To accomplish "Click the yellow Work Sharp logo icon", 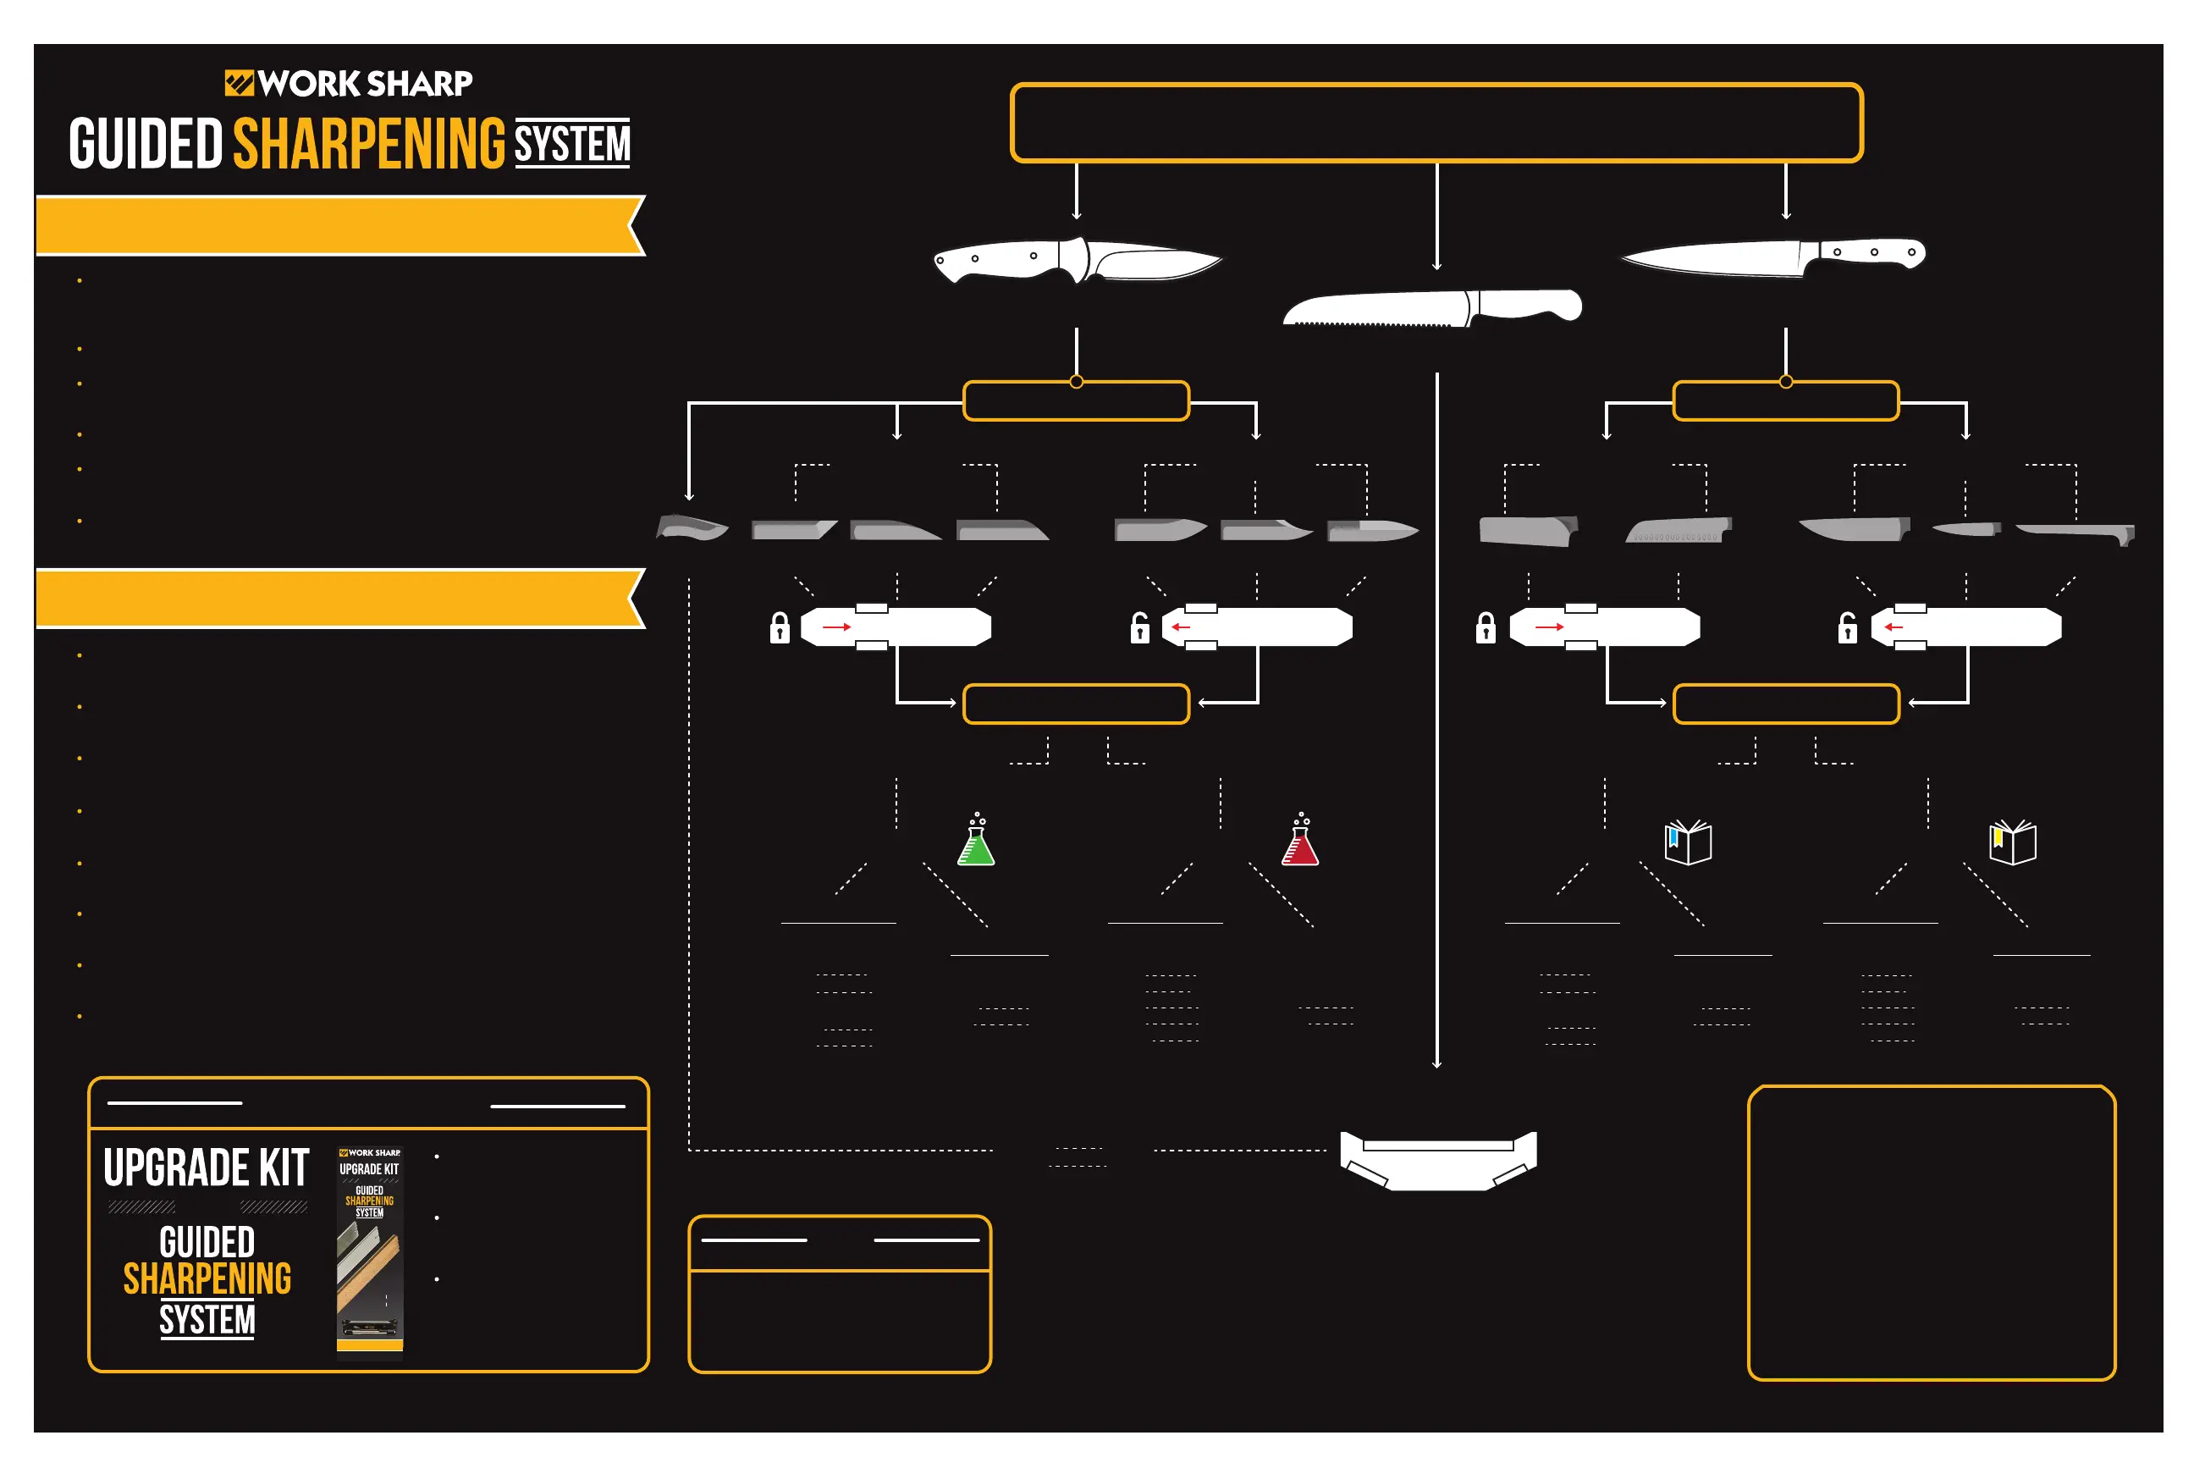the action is pyautogui.click(x=239, y=83).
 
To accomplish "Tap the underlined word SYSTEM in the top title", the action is pyautogui.click(x=572, y=145).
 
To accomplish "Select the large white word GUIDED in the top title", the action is pyautogui.click(x=146, y=145).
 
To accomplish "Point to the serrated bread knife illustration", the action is pyautogui.click(x=1431, y=308).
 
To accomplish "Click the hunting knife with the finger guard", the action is pyautogui.click(x=1078, y=258).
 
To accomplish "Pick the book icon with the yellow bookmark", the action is pyautogui.click(x=2012, y=842).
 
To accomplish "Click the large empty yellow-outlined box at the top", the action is pyautogui.click(x=1436, y=123).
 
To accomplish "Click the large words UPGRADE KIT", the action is pyautogui.click(x=207, y=1168).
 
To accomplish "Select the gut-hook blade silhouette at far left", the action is pyautogui.click(x=692, y=528).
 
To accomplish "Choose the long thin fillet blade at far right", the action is pyautogui.click(x=2076, y=532).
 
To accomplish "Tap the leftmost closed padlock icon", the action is pyautogui.click(x=780, y=629).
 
